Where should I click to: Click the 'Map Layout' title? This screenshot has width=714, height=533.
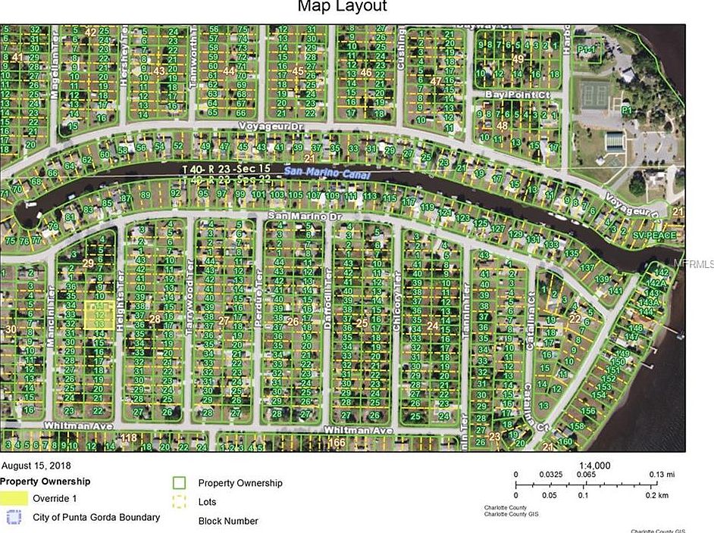(342, 8)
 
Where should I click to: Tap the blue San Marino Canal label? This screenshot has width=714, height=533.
(328, 173)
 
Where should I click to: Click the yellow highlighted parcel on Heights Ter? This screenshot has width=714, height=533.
(99, 315)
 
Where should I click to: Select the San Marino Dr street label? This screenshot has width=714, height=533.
(300, 217)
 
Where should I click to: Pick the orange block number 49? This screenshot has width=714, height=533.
(518, 58)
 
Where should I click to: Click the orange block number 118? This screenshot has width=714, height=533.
(129, 438)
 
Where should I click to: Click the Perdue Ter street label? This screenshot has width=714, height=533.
(258, 313)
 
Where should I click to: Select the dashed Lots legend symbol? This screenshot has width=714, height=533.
(180, 501)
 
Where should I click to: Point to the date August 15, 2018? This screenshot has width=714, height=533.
(38, 466)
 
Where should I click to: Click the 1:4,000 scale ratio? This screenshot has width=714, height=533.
(594, 466)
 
